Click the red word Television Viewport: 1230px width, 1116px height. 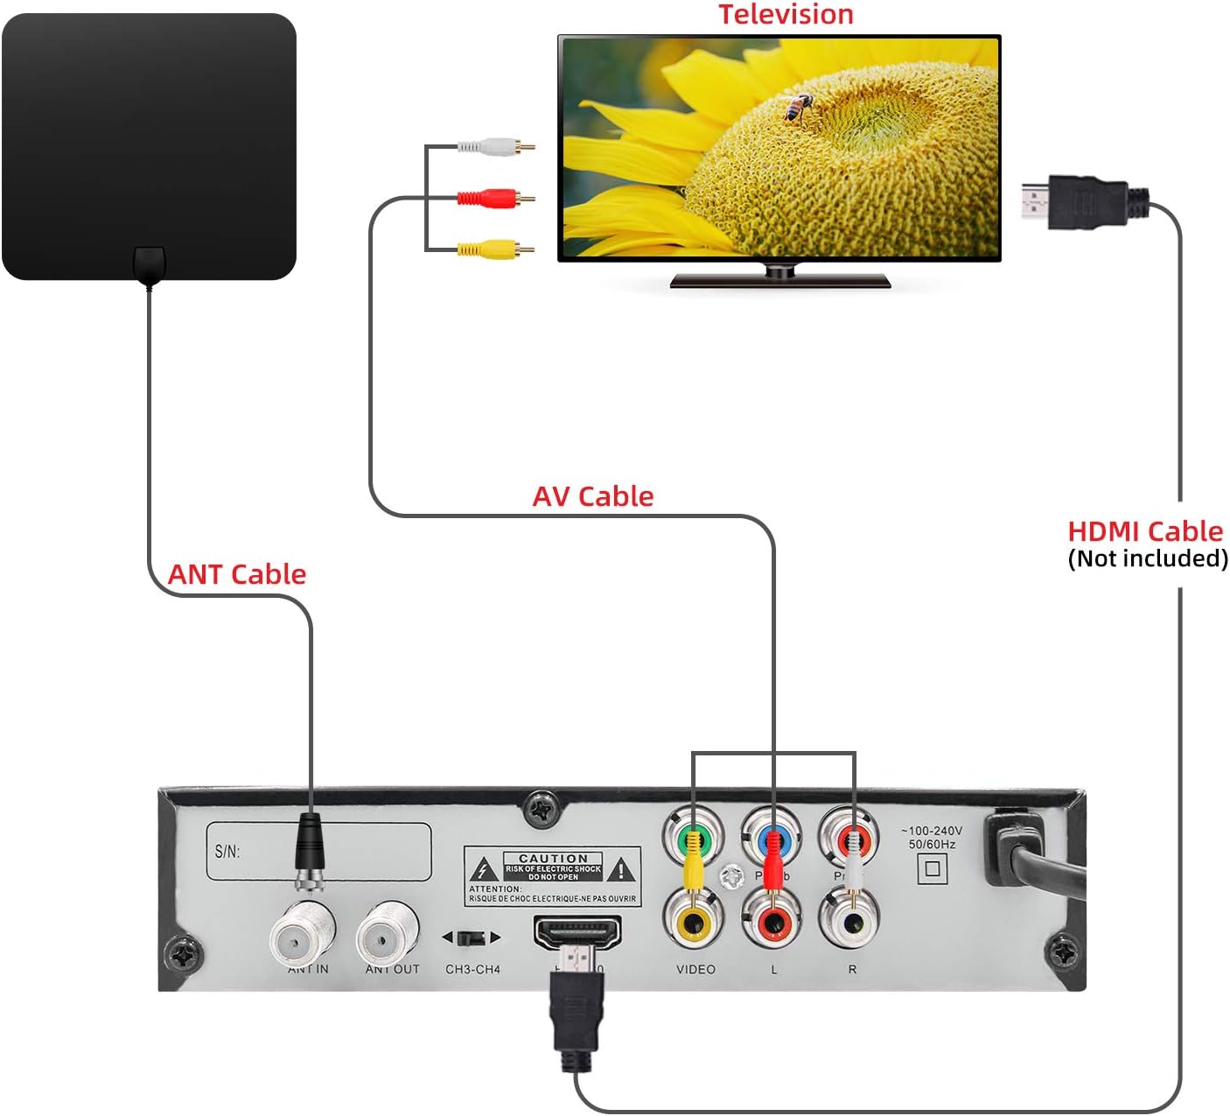coord(785,14)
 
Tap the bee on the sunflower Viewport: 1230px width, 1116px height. coord(796,109)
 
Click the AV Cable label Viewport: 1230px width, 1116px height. coord(592,496)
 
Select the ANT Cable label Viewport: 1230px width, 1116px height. coord(236,574)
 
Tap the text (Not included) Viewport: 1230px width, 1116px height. coord(1147,558)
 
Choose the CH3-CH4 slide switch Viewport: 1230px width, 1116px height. coord(472,937)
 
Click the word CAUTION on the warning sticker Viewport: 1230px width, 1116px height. coord(553,859)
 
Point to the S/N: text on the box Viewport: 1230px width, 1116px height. coord(227,851)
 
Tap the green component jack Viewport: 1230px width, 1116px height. coord(693,837)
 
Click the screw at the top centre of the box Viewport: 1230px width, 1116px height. coord(542,809)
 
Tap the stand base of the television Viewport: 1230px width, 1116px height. coord(779,281)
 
